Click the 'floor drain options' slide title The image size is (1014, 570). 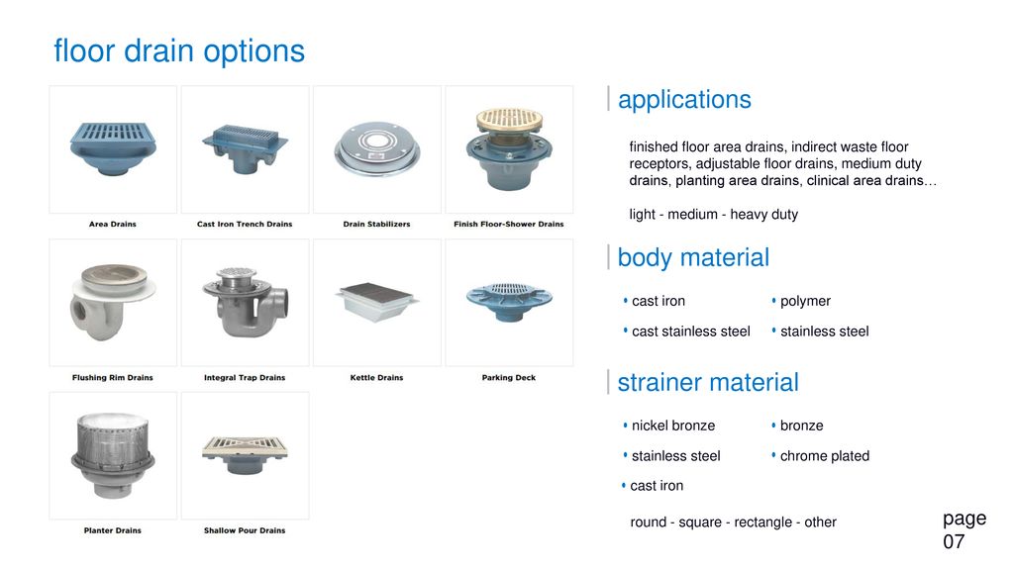[179, 51]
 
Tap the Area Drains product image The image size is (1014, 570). [113, 148]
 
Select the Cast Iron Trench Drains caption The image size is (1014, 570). [245, 225]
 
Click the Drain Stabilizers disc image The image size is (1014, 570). [377, 149]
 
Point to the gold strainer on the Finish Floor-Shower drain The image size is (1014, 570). [510, 120]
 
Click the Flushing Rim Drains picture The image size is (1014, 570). [113, 301]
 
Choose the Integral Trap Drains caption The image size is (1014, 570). [245, 377]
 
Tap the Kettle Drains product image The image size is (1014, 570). [377, 302]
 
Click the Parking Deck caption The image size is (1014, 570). [509, 377]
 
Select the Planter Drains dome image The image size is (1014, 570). [113, 455]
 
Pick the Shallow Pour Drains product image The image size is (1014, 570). [246, 454]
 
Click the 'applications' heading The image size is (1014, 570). [685, 100]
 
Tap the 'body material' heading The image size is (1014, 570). [693, 257]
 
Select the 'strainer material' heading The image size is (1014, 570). [708, 382]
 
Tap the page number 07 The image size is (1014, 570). [954, 541]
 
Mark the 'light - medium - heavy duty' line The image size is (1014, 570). [713, 214]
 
